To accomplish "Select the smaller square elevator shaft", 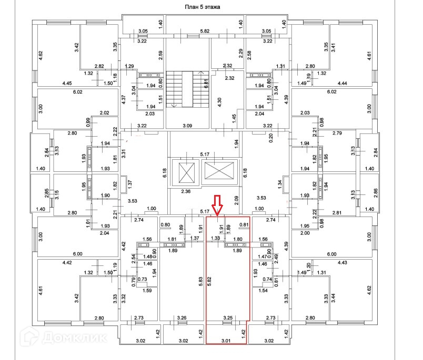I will [187, 172].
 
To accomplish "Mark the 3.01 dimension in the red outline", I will [226, 341].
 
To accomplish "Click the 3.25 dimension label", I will [228, 317].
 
